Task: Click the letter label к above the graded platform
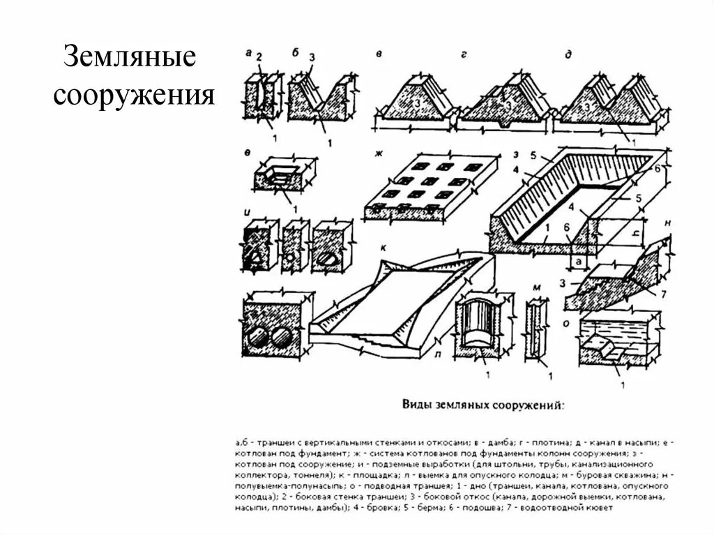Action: tap(384, 248)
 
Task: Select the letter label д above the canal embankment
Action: tap(569, 54)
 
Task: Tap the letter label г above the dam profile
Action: tap(463, 54)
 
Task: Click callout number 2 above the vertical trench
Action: tap(259, 56)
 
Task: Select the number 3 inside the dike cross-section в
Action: tap(414, 103)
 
